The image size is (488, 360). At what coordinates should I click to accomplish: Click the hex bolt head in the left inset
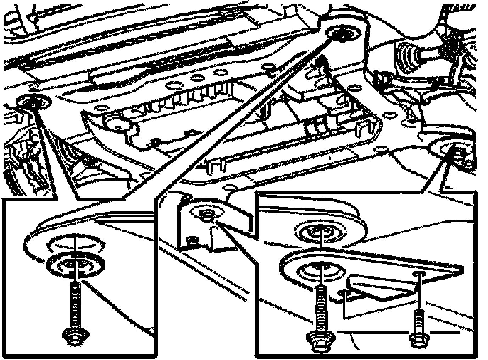pyautogui.click(x=75, y=336)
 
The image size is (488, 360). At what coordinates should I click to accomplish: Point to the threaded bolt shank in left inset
pyautogui.click(x=74, y=305)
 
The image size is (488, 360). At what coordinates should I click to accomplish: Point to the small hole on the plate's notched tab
pyautogui.click(x=343, y=293)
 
